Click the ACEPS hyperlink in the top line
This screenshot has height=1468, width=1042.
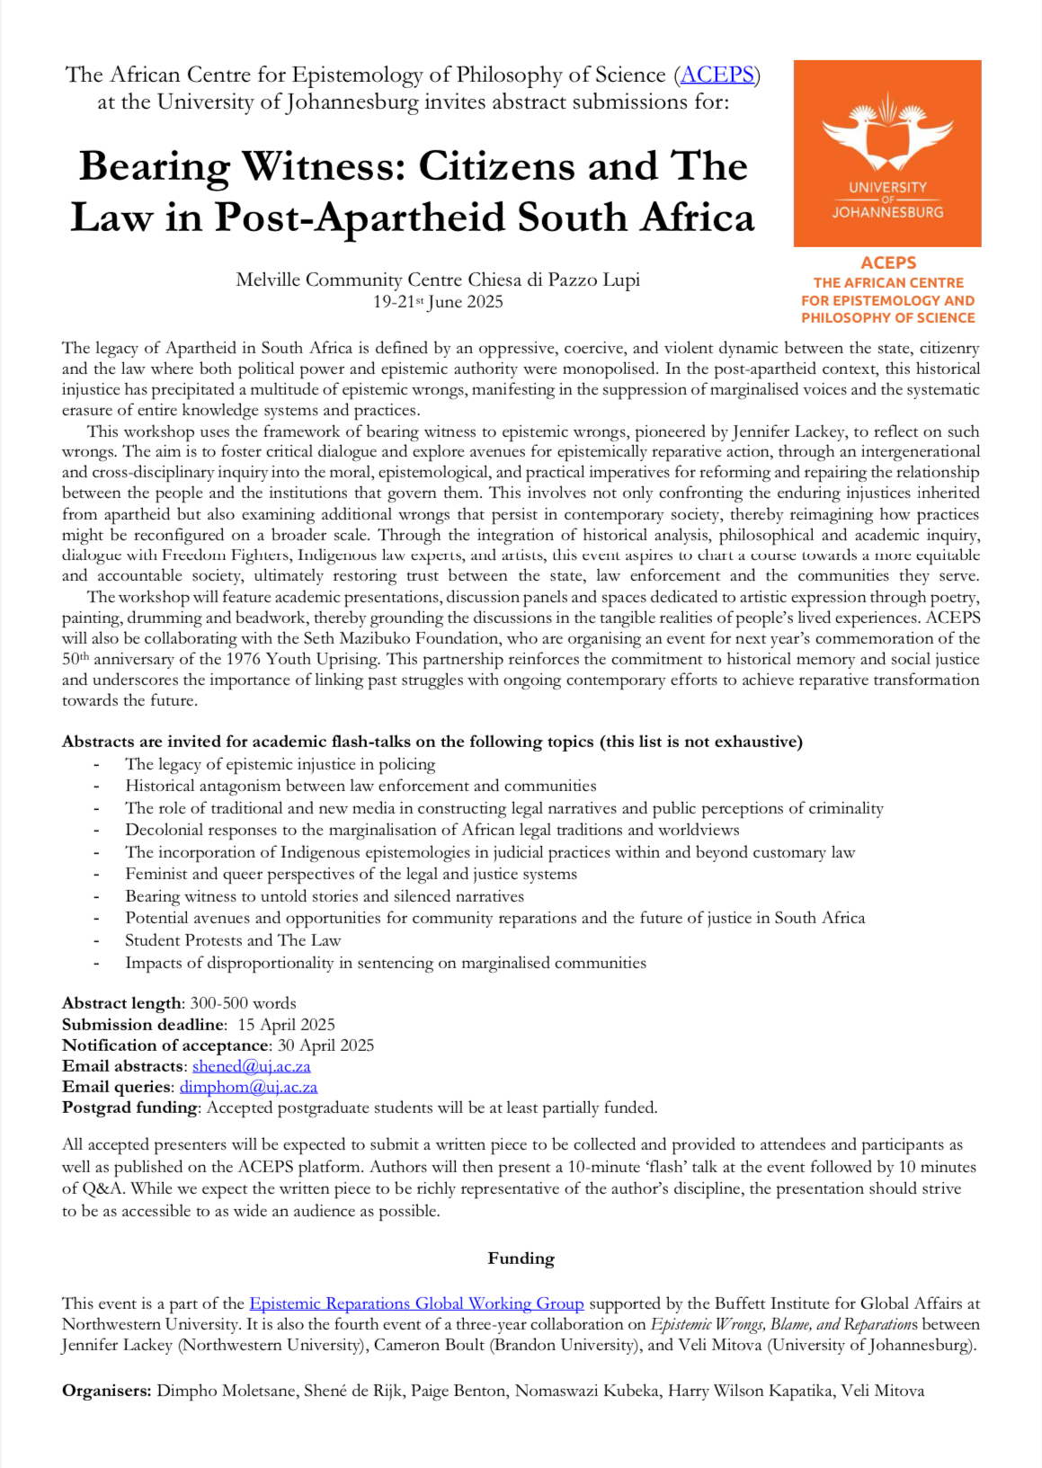click(x=717, y=75)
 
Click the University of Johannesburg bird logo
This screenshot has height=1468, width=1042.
click(x=887, y=138)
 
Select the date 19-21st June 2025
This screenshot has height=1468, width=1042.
click(x=438, y=302)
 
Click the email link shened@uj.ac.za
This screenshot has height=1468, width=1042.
click(x=251, y=1066)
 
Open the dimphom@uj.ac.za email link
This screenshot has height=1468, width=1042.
click(x=248, y=1087)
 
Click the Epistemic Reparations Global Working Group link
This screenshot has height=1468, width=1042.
click(x=416, y=1303)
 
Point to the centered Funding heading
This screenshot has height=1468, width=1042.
click(x=521, y=1259)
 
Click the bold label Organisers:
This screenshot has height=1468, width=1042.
click(x=107, y=1391)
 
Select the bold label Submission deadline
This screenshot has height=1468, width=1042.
click(x=143, y=1025)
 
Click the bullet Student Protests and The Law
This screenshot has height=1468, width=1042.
click(x=233, y=940)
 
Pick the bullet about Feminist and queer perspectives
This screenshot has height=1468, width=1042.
click(x=351, y=874)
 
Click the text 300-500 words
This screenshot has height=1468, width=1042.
click(x=243, y=1003)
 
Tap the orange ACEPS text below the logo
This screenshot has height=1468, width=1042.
click(x=888, y=262)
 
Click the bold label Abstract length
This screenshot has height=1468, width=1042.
click(x=121, y=1003)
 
